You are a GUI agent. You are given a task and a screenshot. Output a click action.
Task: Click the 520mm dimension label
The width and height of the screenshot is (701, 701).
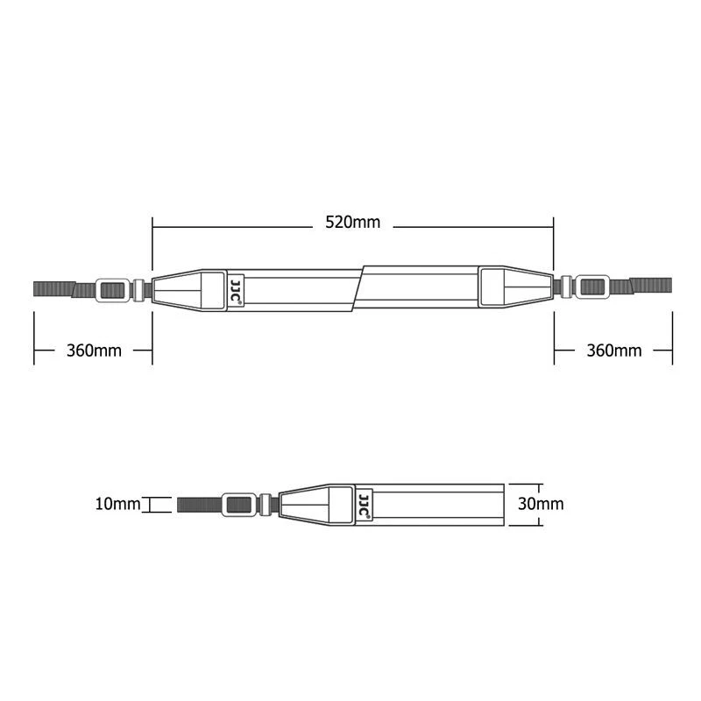click(352, 223)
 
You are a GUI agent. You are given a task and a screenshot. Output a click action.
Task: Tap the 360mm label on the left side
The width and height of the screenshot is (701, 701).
click(94, 350)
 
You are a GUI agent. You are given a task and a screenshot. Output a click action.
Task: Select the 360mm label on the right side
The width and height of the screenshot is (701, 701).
click(613, 350)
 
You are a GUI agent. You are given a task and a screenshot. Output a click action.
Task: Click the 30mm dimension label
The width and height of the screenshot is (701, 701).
click(541, 504)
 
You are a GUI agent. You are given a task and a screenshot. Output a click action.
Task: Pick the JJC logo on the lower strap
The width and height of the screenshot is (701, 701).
click(364, 505)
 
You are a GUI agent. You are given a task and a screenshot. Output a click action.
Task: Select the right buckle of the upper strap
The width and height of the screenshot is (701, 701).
click(593, 286)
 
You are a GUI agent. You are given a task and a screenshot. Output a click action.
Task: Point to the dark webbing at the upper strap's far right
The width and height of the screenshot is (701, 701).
click(653, 285)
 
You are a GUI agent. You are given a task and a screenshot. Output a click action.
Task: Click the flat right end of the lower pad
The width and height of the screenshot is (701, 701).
click(502, 504)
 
